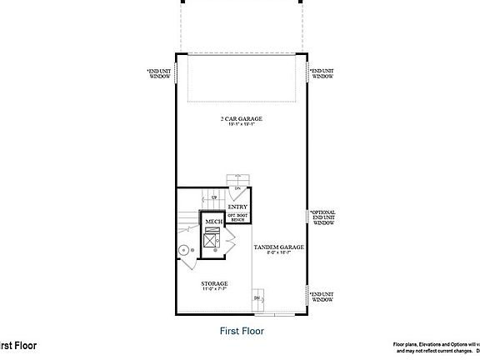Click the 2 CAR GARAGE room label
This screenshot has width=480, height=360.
[x=241, y=119]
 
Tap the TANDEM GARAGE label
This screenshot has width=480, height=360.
[x=278, y=247]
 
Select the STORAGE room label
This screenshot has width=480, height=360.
[x=214, y=283]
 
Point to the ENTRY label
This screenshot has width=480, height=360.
[x=237, y=207]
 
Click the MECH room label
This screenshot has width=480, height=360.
[x=212, y=222]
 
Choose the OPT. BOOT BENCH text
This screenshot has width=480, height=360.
[x=237, y=217]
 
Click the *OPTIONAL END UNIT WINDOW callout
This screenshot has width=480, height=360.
[x=322, y=217]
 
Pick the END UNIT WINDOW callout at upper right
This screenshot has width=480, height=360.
[x=322, y=73]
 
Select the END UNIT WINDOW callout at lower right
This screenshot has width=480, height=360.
[x=322, y=296]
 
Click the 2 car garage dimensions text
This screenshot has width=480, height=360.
[x=241, y=126]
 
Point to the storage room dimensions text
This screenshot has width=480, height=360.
[x=214, y=290]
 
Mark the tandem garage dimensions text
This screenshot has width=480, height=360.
[x=278, y=253]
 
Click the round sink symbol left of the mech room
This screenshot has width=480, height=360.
[x=185, y=248]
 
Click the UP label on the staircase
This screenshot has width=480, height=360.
[x=214, y=197]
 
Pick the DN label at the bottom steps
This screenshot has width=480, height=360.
[x=257, y=297]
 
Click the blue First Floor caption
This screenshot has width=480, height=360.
[x=242, y=330]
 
